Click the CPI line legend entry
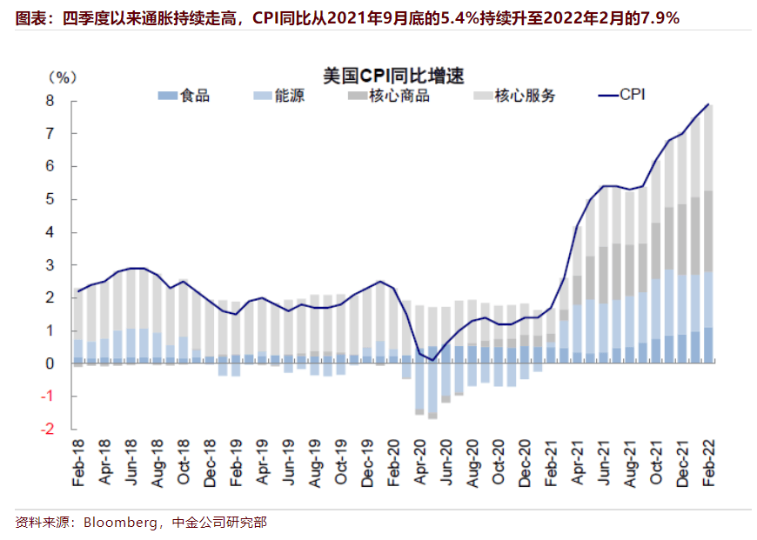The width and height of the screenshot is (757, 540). click(631, 96)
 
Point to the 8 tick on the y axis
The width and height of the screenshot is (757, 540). click(50, 101)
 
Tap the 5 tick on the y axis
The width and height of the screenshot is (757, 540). click(50, 199)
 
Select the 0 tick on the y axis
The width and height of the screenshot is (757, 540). click(50, 363)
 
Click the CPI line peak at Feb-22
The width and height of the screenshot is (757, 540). click(708, 104)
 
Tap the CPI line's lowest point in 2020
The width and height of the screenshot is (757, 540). click(432, 360)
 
